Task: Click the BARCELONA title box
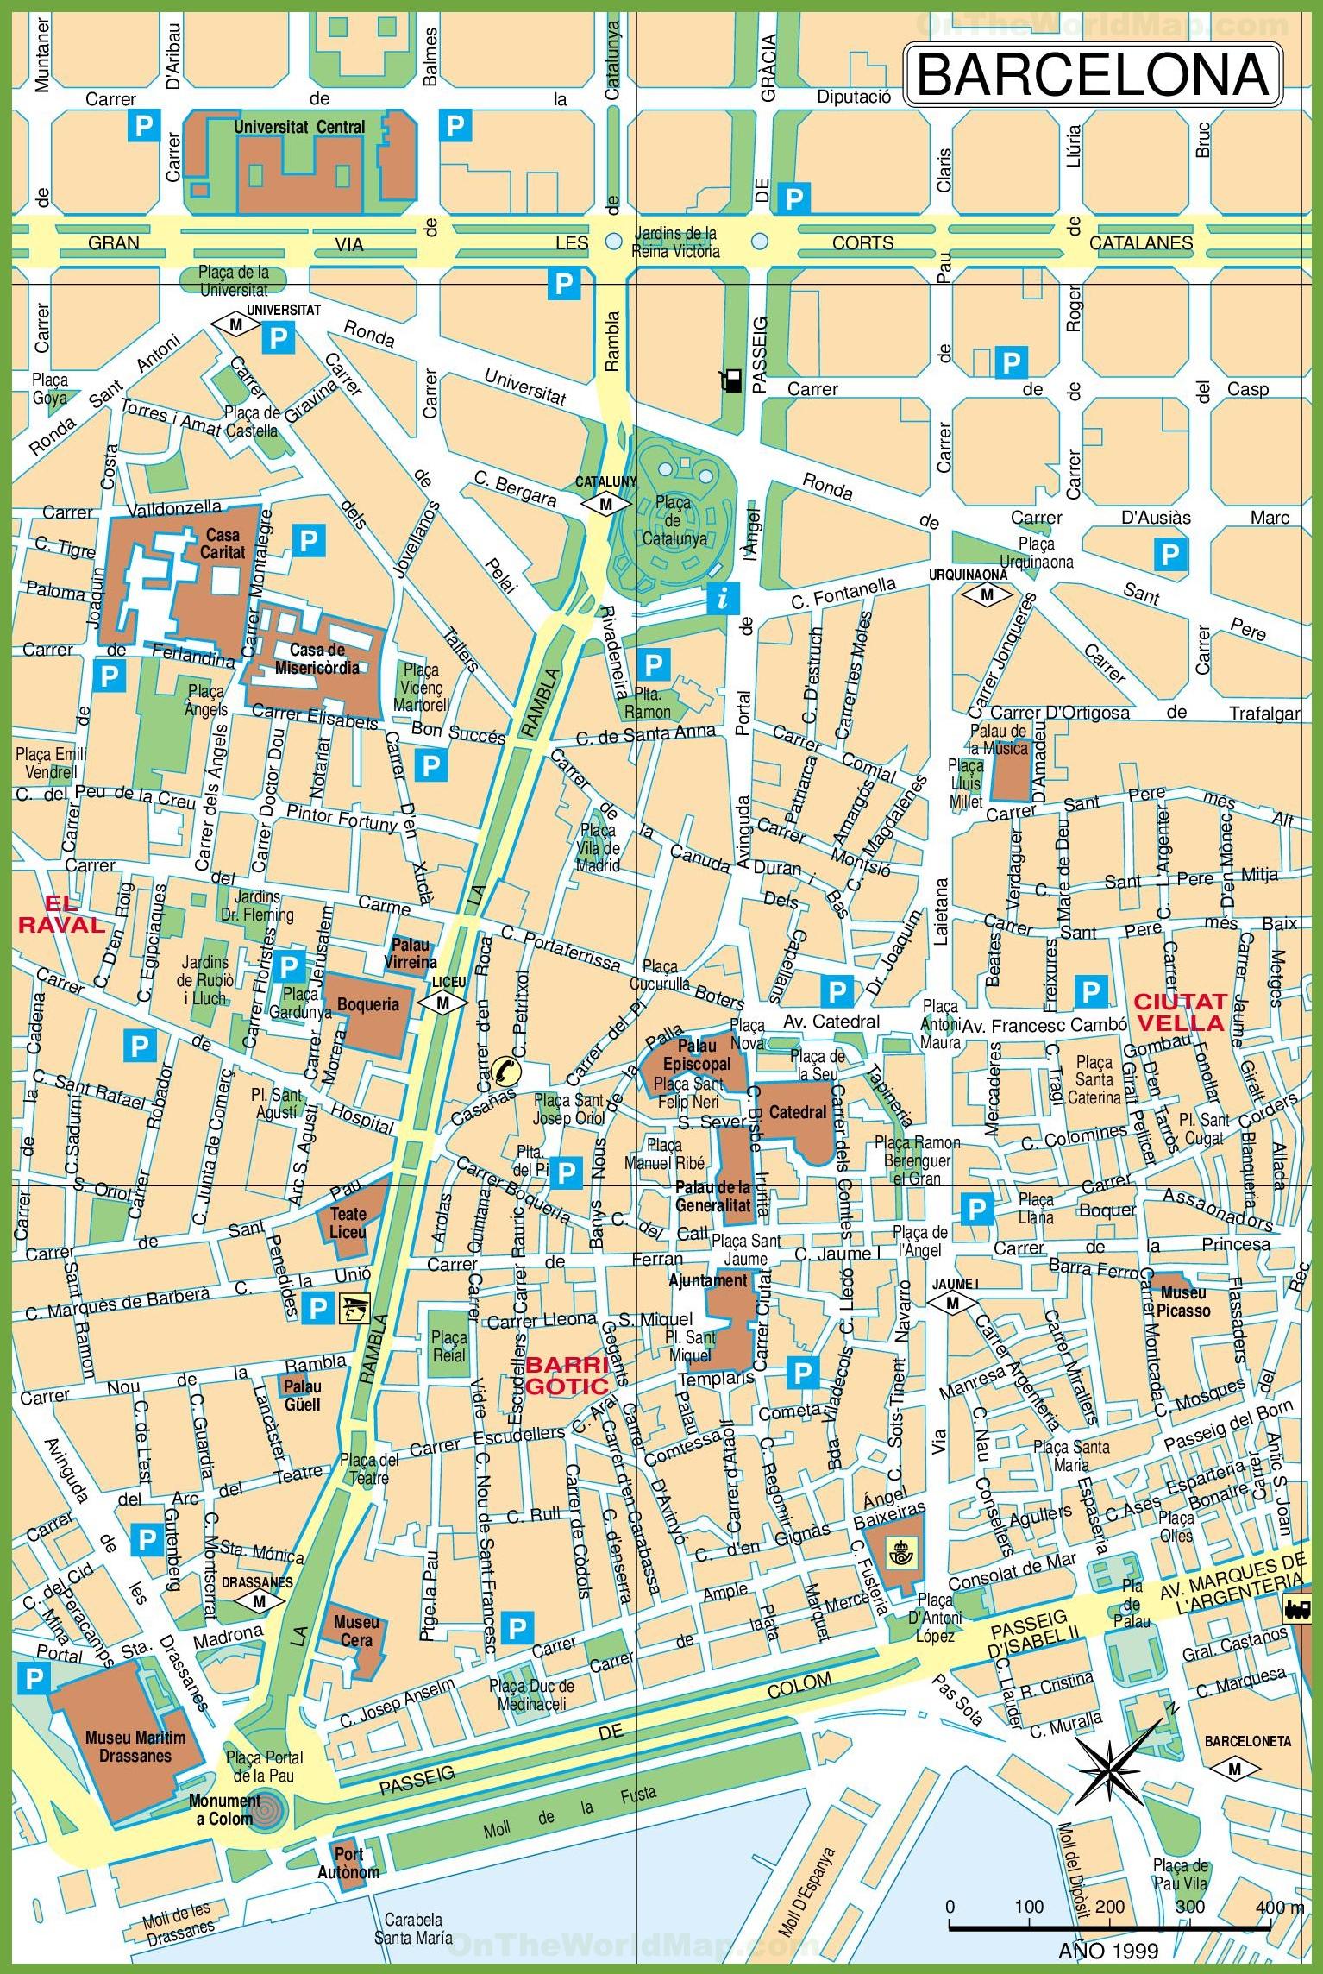[1093, 76]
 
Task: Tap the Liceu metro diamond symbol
[443, 1003]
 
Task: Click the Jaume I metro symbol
[952, 1304]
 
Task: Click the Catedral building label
[797, 1112]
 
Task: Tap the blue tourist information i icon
[723, 597]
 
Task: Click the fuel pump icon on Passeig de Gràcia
[730, 380]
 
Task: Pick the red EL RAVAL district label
[60, 915]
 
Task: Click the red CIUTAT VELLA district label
[1179, 1012]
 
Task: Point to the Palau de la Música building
[1010, 770]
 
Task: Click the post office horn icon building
[898, 1558]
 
